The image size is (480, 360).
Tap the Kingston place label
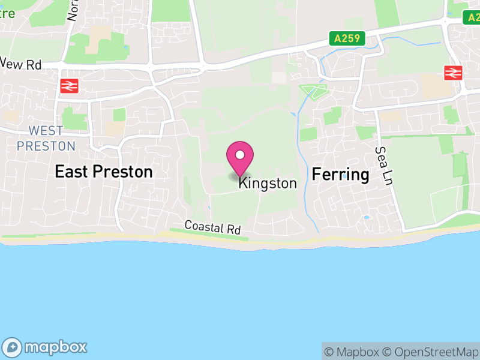[x=268, y=184]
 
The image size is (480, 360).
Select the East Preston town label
[x=103, y=172]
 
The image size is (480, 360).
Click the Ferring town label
[x=340, y=175]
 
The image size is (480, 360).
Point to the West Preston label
[x=46, y=139]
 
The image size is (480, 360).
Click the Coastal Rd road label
[x=212, y=227]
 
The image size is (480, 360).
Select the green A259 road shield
[x=347, y=38]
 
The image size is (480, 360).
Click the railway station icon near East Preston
[x=69, y=86]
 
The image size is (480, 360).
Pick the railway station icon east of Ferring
[x=453, y=73]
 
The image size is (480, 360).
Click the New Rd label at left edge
[x=20, y=64]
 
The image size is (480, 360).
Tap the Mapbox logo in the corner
[x=46, y=347]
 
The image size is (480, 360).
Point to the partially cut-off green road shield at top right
[x=472, y=17]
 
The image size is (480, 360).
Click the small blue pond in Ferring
[x=366, y=217]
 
